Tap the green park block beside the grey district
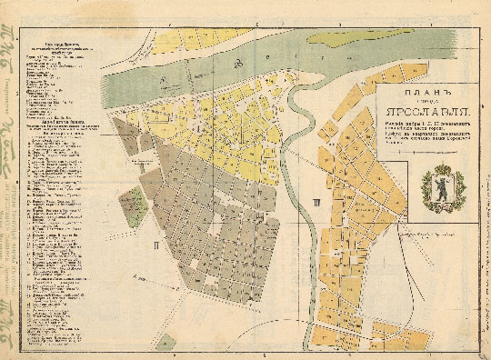click(133, 202)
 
